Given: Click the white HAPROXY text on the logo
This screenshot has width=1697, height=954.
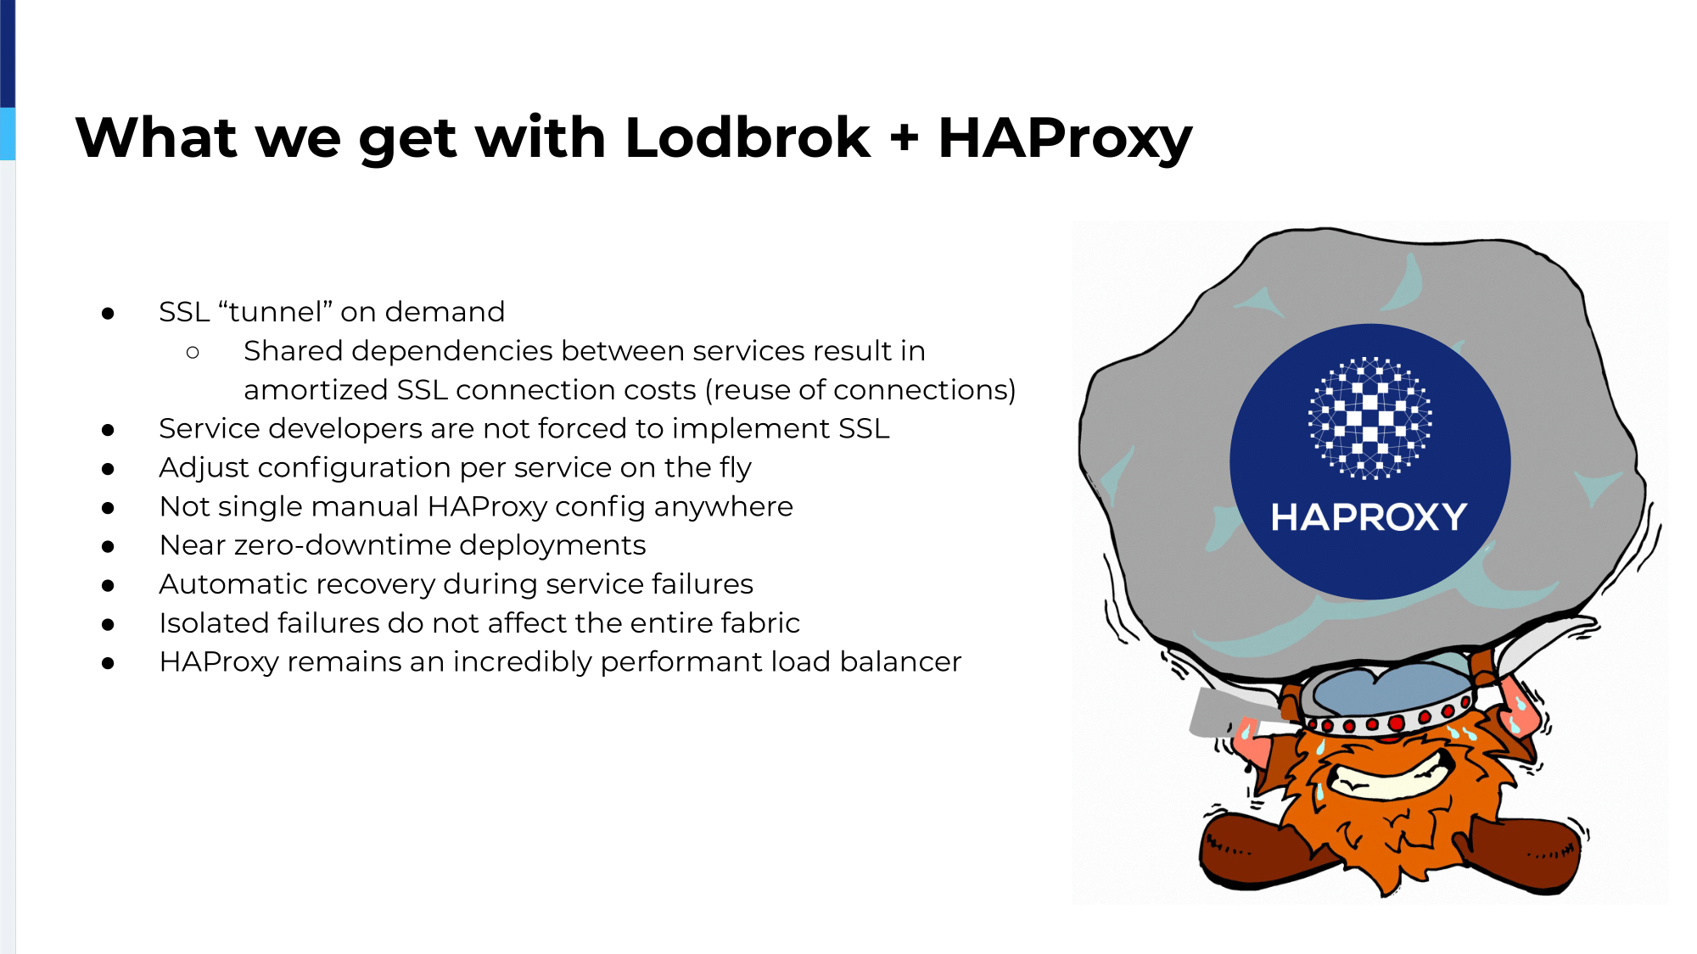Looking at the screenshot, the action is [x=1369, y=517].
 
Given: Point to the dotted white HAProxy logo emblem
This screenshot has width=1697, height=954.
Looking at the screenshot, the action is [x=1369, y=418].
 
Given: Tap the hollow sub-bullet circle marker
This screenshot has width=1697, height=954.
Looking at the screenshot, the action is [x=193, y=351].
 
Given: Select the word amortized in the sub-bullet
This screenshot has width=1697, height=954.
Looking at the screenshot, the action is [x=316, y=390].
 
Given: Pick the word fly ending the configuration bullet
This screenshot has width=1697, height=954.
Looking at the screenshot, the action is [x=736, y=468].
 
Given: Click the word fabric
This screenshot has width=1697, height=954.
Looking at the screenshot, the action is [x=760, y=623].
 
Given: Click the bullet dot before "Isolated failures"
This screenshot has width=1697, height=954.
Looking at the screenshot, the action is [x=108, y=624].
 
